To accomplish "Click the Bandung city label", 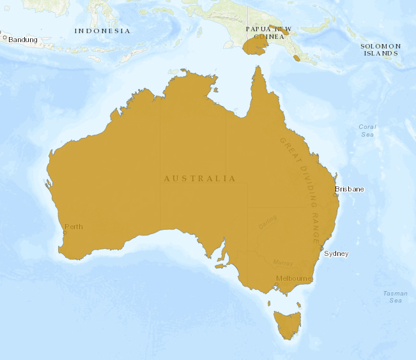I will (23, 40).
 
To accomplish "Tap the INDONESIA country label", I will (102, 31).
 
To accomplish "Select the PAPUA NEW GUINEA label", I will (268, 33).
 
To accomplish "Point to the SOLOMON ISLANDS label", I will (381, 50).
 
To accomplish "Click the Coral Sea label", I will (367, 130).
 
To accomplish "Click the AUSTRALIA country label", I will (200, 179).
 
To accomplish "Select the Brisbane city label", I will (350, 189).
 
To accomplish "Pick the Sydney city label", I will (337, 253).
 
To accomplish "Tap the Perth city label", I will (73, 227).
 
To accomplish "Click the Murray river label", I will (282, 262).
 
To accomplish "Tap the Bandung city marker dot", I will (4, 38).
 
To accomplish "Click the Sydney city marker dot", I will (322, 249).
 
